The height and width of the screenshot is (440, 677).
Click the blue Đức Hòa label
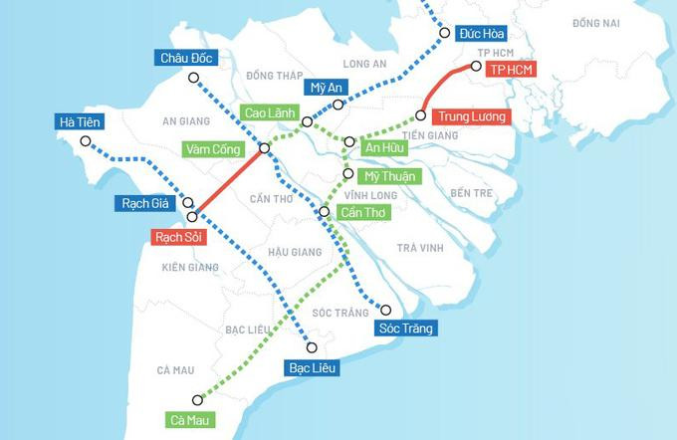[479, 33]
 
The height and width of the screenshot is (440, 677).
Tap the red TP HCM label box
[510, 70]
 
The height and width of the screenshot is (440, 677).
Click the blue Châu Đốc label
[188, 58]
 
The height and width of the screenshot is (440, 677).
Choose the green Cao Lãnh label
[269, 113]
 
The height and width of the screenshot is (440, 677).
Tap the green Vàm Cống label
[212, 149]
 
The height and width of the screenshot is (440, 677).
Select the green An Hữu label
[387, 147]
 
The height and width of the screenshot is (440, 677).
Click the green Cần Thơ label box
[362, 212]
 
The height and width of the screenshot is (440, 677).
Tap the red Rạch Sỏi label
[176, 238]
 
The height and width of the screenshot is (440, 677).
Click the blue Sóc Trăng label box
[406, 328]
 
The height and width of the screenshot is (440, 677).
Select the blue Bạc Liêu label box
[314, 367]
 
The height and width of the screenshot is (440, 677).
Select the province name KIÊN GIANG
[189, 267]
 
